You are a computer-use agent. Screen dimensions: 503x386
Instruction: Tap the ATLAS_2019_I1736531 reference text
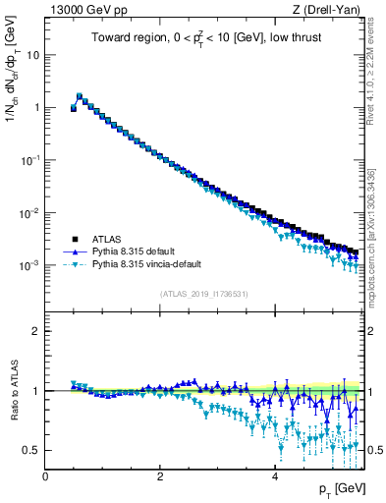202,294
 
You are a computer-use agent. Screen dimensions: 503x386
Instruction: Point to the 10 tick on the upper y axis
35,55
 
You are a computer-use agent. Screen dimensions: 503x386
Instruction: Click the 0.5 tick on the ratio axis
34,450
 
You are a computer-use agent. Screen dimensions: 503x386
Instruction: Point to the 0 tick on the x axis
46,475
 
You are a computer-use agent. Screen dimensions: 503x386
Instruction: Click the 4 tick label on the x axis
274,475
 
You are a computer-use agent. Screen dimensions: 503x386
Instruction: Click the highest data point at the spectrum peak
80,96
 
